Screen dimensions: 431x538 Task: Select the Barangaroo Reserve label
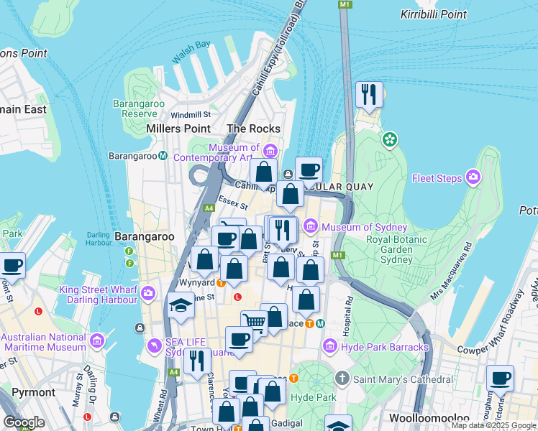coord(139,108)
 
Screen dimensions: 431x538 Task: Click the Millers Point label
coord(178,129)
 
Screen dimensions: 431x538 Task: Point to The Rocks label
coord(253,129)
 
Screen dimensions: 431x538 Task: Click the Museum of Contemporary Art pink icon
coord(270,151)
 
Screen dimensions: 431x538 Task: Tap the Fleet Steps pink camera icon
coord(473,176)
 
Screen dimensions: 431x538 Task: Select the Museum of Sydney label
coord(355,228)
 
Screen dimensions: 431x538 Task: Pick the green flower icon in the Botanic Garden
coord(390,139)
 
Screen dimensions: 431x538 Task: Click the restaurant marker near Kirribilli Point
coord(369,94)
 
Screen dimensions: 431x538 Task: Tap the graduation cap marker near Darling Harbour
coord(181,305)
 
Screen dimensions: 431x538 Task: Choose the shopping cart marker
coord(253,323)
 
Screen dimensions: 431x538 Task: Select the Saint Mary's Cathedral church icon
coord(342,377)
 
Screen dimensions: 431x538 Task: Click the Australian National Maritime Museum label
coord(45,342)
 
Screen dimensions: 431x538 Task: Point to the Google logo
coord(24,422)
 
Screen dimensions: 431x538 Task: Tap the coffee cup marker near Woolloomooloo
coord(500,379)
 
